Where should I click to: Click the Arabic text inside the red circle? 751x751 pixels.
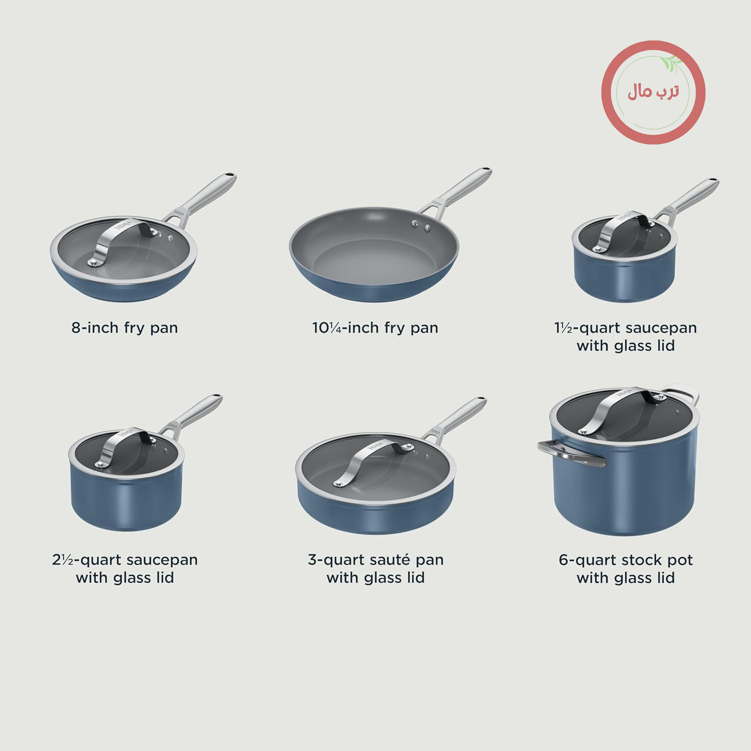pos(653,92)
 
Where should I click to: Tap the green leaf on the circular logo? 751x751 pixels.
pos(671,63)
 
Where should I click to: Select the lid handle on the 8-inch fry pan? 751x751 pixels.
pos(120,239)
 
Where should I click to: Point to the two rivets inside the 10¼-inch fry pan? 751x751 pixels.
pos(421,226)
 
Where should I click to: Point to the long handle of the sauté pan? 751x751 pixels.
pos(456,419)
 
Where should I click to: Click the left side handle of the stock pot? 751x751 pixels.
pos(570,454)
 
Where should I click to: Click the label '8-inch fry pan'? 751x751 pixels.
pos(125,328)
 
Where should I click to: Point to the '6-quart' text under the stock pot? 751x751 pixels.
pos(588,560)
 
